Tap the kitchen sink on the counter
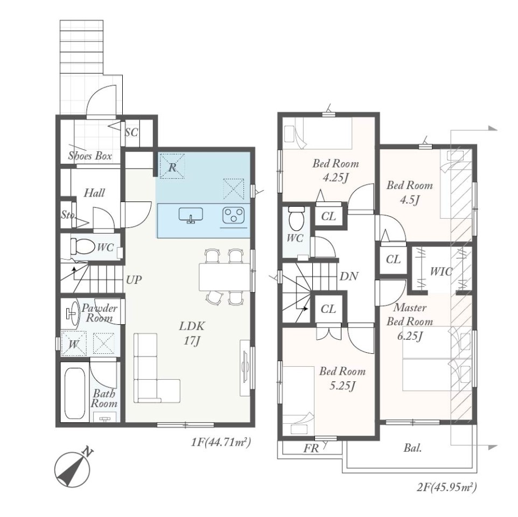(191, 215)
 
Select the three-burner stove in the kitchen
(234, 215)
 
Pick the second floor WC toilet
(296, 219)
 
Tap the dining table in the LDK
(225, 277)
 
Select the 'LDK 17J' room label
(192, 333)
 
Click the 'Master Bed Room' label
(410, 315)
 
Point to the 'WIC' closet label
(441, 272)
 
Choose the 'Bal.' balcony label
(412, 448)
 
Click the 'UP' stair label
(134, 280)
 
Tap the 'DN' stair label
(349, 276)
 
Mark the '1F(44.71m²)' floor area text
(221, 442)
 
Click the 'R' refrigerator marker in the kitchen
(172, 167)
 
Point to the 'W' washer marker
(74, 345)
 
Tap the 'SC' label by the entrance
(131, 132)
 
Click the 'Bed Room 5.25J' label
(342, 378)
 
